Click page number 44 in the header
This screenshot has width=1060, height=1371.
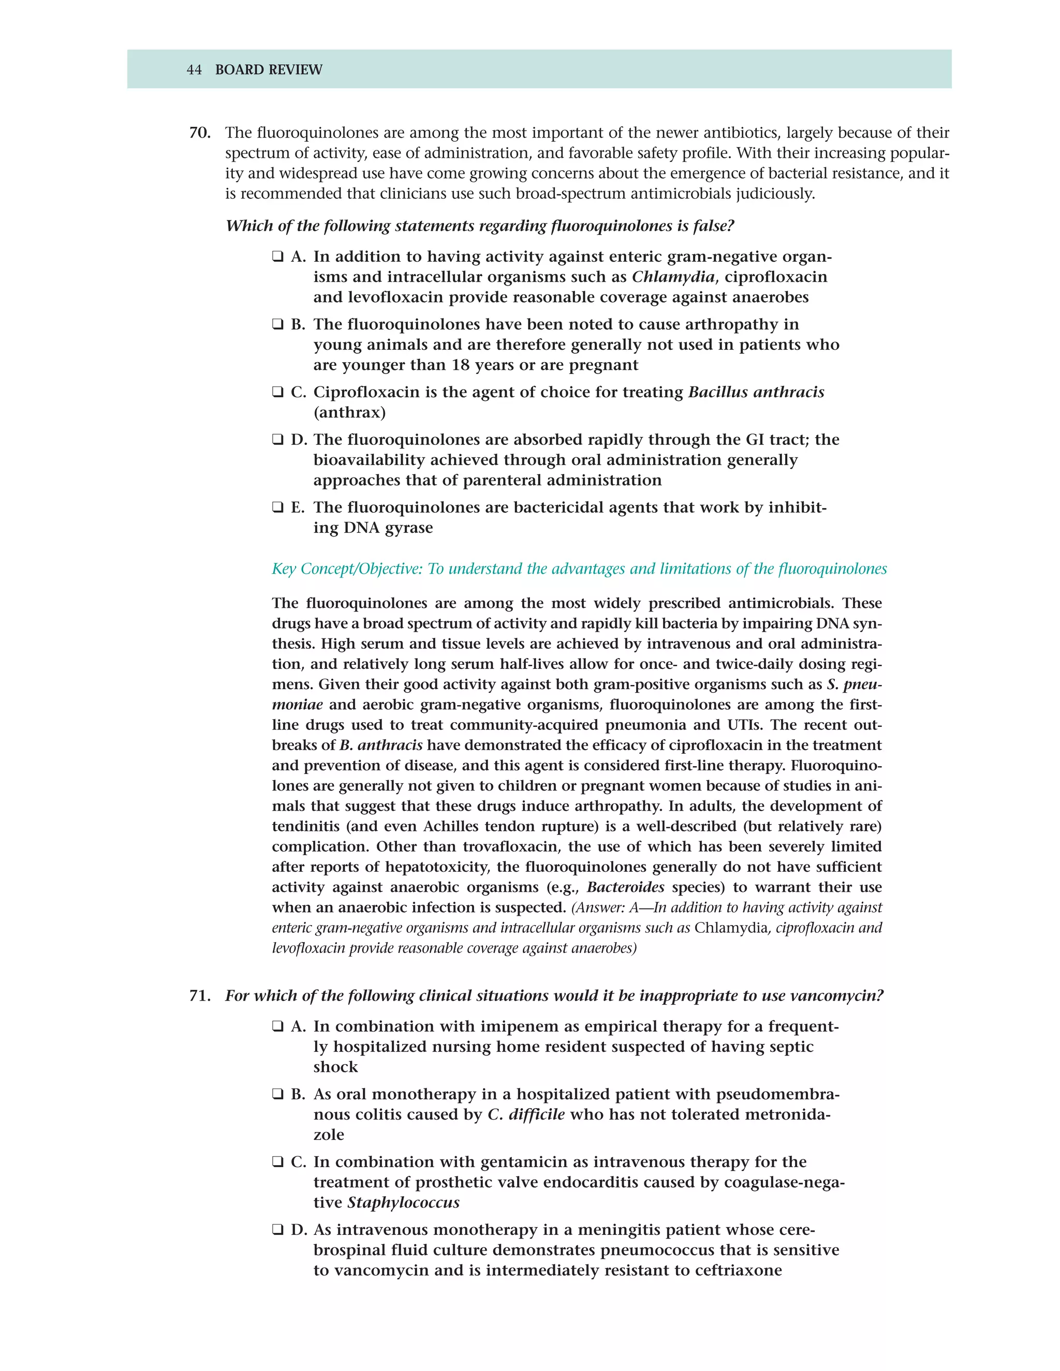pyautogui.click(x=194, y=70)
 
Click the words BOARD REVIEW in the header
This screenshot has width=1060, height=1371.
pyautogui.click(x=268, y=70)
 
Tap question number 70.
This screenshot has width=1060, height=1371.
pyautogui.click(x=200, y=133)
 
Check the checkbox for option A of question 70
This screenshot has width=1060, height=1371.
pyautogui.click(x=277, y=257)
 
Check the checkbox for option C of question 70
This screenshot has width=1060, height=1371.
pyautogui.click(x=277, y=392)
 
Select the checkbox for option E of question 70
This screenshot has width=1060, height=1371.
pyautogui.click(x=277, y=508)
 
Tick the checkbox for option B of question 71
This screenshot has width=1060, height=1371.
pyautogui.click(x=277, y=1095)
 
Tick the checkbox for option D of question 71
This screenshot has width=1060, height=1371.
pyautogui.click(x=277, y=1230)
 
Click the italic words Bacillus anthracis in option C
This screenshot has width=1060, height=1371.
pyautogui.click(x=756, y=392)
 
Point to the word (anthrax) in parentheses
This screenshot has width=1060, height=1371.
pyautogui.click(x=349, y=413)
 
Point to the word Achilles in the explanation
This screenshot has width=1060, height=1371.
pyautogui.click(x=450, y=827)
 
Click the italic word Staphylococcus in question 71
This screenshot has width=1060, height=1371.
pyautogui.click(x=403, y=1203)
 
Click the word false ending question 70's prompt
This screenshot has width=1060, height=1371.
pyautogui.click(x=713, y=226)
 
